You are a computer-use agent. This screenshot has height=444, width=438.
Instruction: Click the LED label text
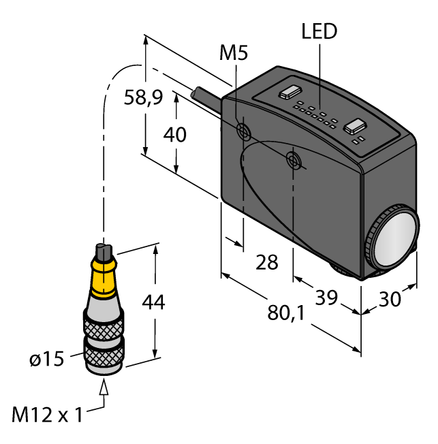coord(319,31)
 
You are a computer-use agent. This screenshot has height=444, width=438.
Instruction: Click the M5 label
coord(234,53)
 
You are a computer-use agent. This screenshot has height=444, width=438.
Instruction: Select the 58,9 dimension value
coord(143,98)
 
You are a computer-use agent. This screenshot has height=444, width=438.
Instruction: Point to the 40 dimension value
coord(175,135)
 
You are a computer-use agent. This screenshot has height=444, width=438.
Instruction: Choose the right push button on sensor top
coord(354,125)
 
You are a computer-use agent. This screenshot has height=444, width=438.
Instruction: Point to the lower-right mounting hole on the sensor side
coord(294,161)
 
